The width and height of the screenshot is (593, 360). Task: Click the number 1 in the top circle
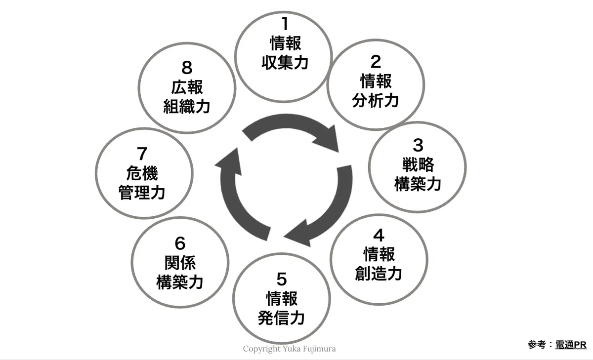pos(285,24)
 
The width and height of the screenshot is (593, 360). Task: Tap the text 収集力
pos(285,63)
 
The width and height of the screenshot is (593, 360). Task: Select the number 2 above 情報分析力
pos(376,62)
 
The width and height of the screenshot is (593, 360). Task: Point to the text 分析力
pos(376,101)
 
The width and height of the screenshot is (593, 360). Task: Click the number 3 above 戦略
pos(418,145)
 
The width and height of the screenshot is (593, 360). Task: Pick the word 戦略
pos(418,164)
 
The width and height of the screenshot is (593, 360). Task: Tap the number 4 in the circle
pos(379,235)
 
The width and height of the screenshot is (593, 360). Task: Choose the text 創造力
pos(379,274)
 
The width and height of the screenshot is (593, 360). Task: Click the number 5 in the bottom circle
pos(282,279)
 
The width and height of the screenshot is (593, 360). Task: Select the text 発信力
pos(281,318)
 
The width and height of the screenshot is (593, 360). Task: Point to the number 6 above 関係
pos(180,243)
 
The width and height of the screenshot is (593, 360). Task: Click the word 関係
pos(180,263)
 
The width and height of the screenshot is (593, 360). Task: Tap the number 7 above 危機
pos(142,154)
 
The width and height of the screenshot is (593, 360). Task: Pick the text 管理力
pos(142,192)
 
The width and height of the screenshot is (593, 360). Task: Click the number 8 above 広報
pos(187,68)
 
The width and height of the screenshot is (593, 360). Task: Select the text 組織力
pos(187,107)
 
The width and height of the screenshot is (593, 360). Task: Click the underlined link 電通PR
pos(571,345)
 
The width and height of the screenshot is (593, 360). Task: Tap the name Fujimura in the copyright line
pos(321,349)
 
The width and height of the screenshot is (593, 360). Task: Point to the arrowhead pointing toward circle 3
pos(328,139)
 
